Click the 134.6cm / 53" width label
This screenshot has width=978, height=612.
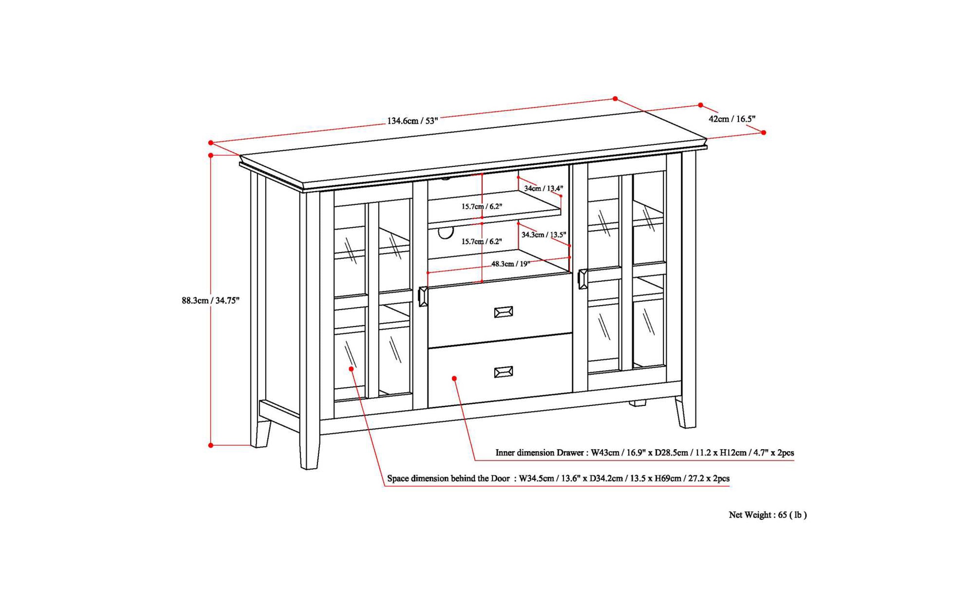pyautogui.click(x=413, y=121)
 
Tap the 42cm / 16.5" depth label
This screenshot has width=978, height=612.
pyautogui.click(x=732, y=119)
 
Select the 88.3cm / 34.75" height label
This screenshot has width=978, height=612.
pyautogui.click(x=211, y=300)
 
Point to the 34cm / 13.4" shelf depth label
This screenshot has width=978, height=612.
pyautogui.click(x=543, y=188)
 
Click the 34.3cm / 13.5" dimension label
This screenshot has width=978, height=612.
pyautogui.click(x=543, y=234)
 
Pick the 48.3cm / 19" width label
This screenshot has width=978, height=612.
pyautogui.click(x=510, y=264)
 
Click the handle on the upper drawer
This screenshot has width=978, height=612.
pyautogui.click(x=503, y=312)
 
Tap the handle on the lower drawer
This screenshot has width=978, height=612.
pyautogui.click(x=503, y=372)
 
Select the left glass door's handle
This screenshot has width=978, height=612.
pyautogui.click(x=423, y=296)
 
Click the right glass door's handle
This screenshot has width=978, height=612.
pyautogui.click(x=583, y=279)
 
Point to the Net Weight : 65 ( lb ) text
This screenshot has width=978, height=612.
pyautogui.click(x=767, y=515)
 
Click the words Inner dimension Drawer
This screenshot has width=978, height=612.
pyautogui.click(x=539, y=452)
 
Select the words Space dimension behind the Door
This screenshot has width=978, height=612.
pyautogui.click(x=448, y=478)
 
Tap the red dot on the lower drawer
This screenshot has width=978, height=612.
pyautogui.click(x=454, y=378)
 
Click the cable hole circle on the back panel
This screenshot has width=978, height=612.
pyautogui.click(x=445, y=233)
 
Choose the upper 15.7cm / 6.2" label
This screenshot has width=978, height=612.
pyautogui.click(x=481, y=207)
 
